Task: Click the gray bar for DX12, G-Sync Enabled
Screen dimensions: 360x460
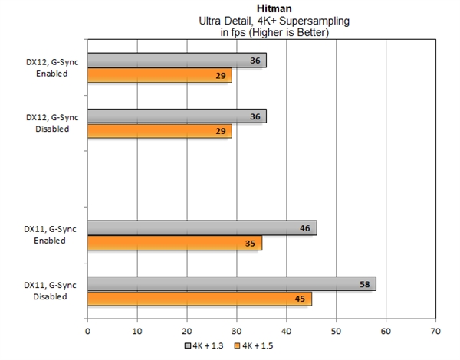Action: [x=176, y=61]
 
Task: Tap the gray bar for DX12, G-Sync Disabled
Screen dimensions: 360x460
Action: [x=176, y=116]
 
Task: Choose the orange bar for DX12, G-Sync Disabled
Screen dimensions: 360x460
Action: [x=159, y=132]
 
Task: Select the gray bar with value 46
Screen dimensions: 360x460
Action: [x=202, y=227]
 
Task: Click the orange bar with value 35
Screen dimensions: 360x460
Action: [x=174, y=243]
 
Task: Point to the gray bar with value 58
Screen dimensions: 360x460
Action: [x=231, y=283]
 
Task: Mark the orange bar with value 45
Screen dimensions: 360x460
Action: [x=199, y=299]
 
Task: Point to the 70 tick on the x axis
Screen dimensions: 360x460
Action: [x=435, y=332]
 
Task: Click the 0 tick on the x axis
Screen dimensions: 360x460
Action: [x=87, y=332]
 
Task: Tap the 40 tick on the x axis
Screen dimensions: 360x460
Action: [x=286, y=332]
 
